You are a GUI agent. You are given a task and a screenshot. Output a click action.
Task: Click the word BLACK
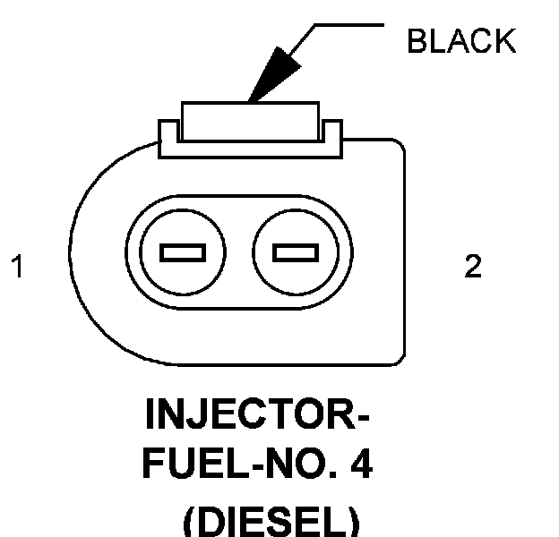460,41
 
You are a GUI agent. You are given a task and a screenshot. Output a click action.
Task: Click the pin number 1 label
17,266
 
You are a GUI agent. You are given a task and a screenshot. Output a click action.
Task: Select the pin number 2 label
472,266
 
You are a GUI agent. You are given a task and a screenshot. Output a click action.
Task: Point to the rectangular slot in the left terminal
184,253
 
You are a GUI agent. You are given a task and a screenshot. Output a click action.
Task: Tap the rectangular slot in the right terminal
297,253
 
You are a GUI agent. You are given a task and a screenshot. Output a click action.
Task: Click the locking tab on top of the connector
250,120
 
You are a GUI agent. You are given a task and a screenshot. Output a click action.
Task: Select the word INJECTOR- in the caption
257,416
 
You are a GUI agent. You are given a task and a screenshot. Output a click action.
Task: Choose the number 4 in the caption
362,466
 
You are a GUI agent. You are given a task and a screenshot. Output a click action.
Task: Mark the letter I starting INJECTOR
150,416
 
